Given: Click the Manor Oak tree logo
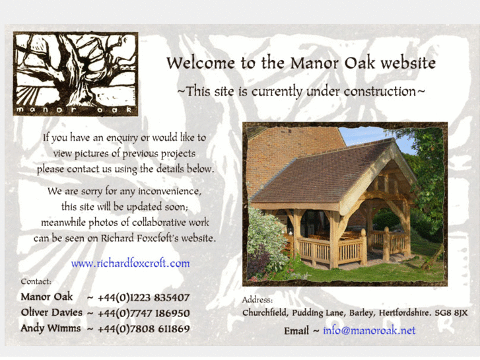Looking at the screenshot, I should pos(75,73).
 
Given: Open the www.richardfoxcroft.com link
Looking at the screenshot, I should pos(130,263).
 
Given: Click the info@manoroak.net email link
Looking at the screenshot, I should pos(369,330).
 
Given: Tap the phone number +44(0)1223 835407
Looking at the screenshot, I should pos(143,298).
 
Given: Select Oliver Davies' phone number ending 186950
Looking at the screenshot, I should pos(143,313).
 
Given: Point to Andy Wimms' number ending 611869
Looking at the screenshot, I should pos(143,328).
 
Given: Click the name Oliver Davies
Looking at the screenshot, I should pos(51,312).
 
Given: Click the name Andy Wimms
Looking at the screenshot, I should pos(50,328).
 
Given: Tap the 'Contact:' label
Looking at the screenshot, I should pos(36,281).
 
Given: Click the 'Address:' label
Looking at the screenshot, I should pos(257,300).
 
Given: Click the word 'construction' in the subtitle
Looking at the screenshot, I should pos(375,90).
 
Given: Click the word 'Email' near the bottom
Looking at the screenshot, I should pos(296,330).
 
